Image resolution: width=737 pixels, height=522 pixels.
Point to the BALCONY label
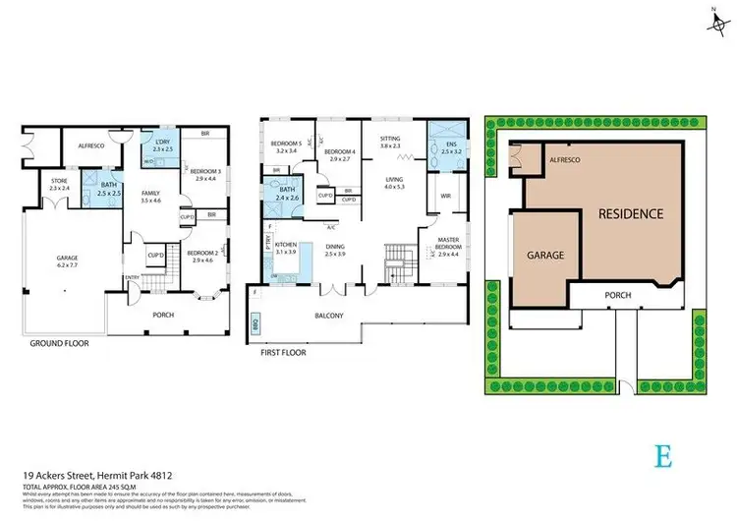pyautogui.click(x=329, y=316)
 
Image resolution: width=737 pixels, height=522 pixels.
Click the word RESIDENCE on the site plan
pyautogui.click(x=625, y=213)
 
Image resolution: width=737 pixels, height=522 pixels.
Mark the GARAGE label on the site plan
pyautogui.click(x=546, y=254)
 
